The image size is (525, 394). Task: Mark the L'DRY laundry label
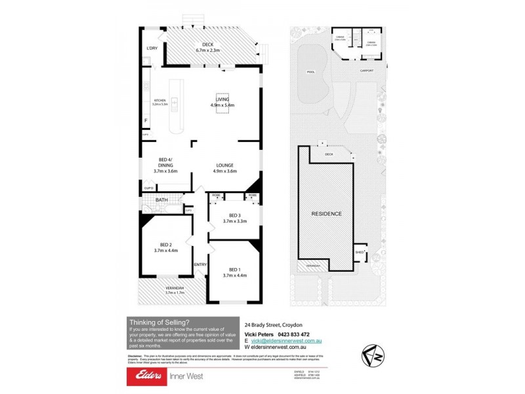[152, 49]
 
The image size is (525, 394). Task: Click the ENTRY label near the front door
[200, 265]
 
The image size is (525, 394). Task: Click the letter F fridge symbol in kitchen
[146, 121]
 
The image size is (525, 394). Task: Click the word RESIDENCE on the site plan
[325, 214]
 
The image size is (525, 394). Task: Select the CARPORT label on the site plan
[366, 70]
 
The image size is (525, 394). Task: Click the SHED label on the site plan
[360, 252]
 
